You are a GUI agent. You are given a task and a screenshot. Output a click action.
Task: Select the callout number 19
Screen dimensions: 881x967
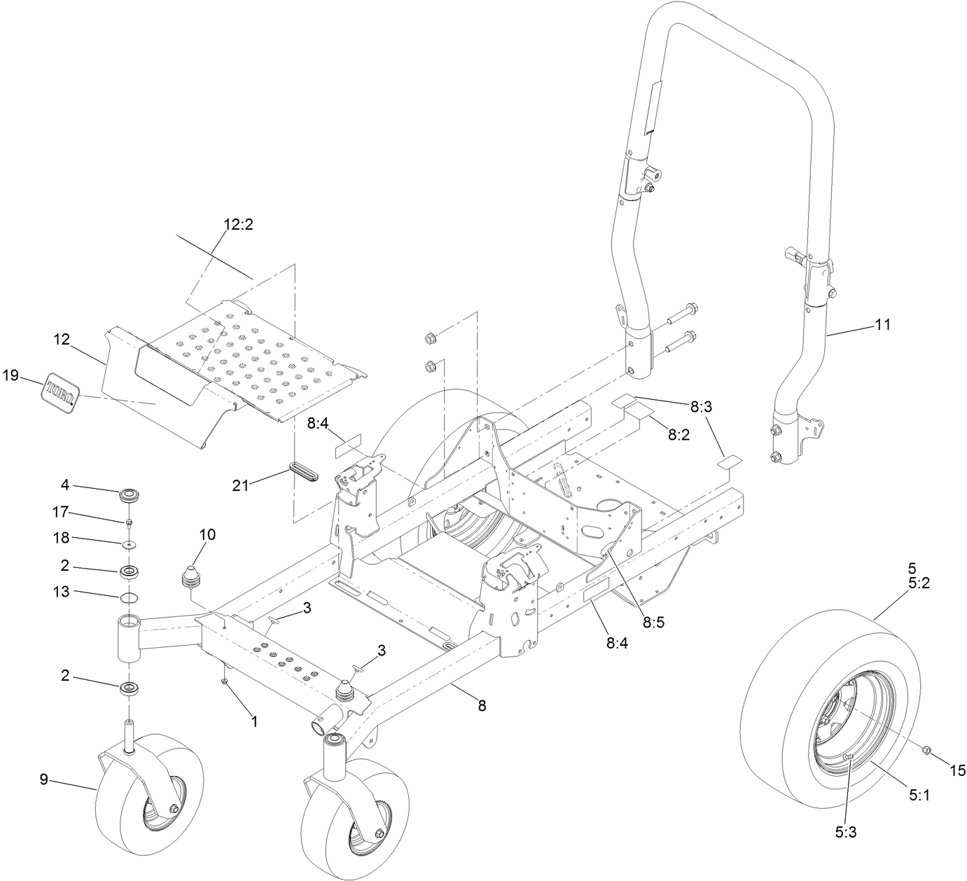point(11,375)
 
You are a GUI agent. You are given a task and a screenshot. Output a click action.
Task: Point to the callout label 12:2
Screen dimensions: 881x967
point(238,225)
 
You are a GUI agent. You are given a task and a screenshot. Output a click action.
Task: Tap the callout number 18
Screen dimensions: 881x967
point(62,539)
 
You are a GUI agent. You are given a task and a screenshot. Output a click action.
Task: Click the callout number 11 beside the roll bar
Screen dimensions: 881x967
point(883,324)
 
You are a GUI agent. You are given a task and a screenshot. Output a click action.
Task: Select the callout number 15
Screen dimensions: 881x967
point(957,770)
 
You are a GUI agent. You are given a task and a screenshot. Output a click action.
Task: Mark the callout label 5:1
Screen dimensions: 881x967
point(919,796)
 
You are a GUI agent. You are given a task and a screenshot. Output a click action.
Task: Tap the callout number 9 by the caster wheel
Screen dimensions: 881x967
point(43,779)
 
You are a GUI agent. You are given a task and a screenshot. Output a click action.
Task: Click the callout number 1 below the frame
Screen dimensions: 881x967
point(255,721)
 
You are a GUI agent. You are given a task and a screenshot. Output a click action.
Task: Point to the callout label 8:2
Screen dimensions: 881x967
point(679,434)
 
